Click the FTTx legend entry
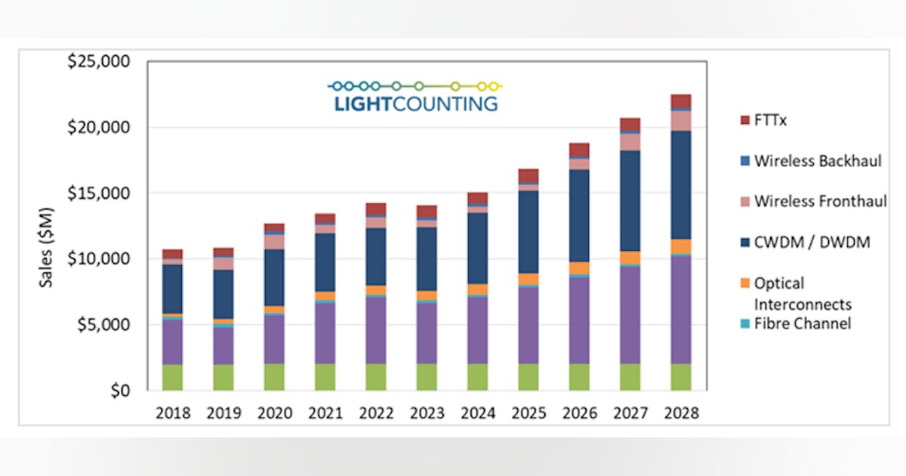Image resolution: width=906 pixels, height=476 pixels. (x=767, y=119)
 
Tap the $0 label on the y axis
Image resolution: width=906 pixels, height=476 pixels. (x=119, y=391)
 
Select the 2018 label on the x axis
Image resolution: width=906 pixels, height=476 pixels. (x=173, y=413)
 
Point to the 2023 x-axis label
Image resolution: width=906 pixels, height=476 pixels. (x=427, y=413)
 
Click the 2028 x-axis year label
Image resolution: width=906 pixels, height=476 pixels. (x=681, y=413)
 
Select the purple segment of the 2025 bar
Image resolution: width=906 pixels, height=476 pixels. (x=528, y=325)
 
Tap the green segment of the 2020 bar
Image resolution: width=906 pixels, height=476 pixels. (x=274, y=377)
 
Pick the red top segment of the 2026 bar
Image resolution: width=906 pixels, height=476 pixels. (x=579, y=150)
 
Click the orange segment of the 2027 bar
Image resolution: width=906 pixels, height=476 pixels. (x=630, y=258)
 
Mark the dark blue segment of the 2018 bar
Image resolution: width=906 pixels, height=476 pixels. (x=173, y=289)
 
